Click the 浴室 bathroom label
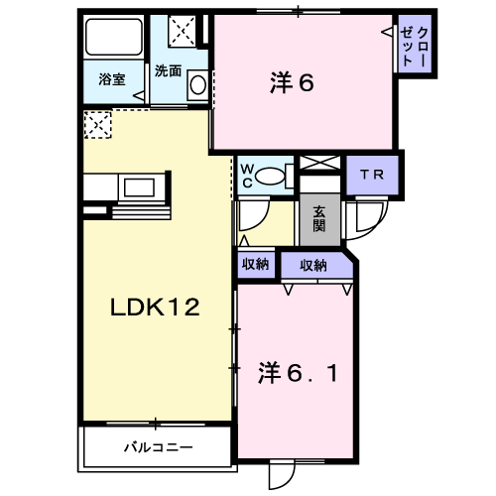pos(112,79)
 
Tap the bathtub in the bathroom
pos(114,37)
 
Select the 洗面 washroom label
pos(169,71)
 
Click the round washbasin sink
pos(197,85)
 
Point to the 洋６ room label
pos(292,82)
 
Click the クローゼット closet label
pos(415,47)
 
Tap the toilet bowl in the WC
pos(270,177)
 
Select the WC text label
pos(247,177)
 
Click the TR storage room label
pos(372,175)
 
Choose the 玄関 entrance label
pos(319,219)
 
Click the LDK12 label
pos(155,307)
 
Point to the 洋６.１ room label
pos(298,373)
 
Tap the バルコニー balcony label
pos(159,448)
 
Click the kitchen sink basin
pos(139,187)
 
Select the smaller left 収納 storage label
pos(255,264)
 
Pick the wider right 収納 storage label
pos(313,265)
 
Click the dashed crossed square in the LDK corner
pos(97,125)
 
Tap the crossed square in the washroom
pos(183,31)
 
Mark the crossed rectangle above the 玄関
pos(319,163)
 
